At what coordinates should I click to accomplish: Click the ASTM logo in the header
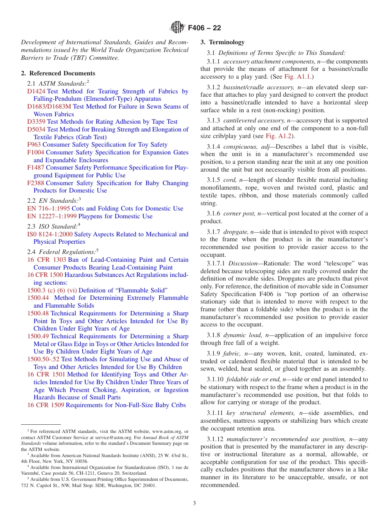coord(177,28)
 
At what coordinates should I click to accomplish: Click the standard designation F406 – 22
coord(204,28)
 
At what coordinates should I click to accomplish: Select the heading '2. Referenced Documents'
coord(58,73)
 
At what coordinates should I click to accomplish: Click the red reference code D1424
coord(36,91)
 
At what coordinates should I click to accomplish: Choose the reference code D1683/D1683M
coord(49,106)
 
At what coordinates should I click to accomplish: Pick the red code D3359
coord(36,122)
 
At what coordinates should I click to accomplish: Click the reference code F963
coord(34,145)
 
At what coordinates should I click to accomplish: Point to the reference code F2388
coord(36,183)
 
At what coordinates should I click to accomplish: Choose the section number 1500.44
coord(38,298)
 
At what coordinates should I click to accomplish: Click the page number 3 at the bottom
coord(194,503)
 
